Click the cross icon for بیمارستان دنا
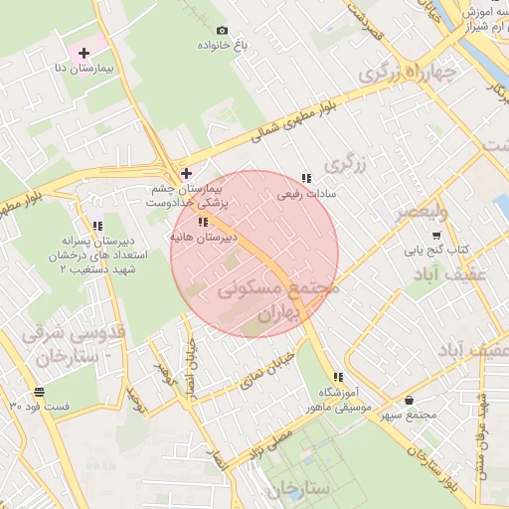click(x=84, y=52)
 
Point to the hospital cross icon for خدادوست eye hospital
click(x=186, y=173)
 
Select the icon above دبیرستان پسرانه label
click(x=96, y=225)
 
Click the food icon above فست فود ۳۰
click(x=38, y=392)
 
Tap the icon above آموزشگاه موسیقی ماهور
click(x=339, y=377)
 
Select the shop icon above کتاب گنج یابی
click(x=436, y=235)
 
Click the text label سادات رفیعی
click(x=307, y=194)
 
